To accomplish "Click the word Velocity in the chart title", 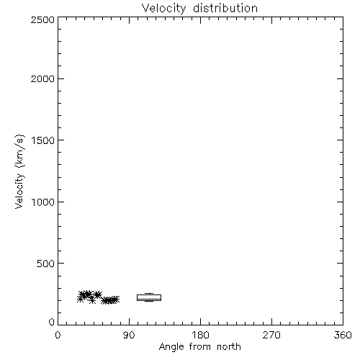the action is (x=163, y=9).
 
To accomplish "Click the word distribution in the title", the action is (x=225, y=8).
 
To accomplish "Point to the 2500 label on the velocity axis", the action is (x=42, y=19).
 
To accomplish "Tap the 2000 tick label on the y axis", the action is (x=42, y=78).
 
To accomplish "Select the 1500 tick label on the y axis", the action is (x=43, y=140).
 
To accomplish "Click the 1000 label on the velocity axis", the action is (x=43, y=202).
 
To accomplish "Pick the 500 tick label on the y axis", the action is (x=46, y=264).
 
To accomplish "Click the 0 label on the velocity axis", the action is (x=52, y=322).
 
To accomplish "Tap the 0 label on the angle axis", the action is (x=58, y=335).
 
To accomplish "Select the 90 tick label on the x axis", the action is (x=129, y=335).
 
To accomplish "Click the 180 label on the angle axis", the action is (x=200, y=335).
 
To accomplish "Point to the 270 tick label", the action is (x=271, y=335).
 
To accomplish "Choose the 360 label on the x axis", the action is (x=343, y=335).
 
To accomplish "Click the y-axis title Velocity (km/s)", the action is (x=19, y=171).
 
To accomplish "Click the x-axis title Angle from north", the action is (x=200, y=347).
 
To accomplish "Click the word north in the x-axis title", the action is (x=229, y=347).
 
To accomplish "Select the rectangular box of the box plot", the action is (x=149, y=295).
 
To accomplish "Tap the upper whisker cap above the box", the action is (x=149, y=293).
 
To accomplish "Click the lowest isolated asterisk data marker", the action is (x=92, y=300).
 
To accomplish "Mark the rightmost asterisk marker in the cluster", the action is (x=116, y=300).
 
